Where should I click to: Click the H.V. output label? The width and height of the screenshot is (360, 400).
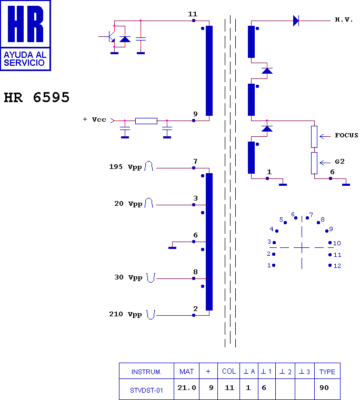pyautogui.click(x=344, y=19)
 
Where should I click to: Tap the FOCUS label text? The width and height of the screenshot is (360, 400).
pyautogui.click(x=346, y=135)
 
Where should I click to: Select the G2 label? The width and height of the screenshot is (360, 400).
pyautogui.click(x=339, y=162)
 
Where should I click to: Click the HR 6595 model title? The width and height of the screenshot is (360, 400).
pyautogui.click(x=36, y=97)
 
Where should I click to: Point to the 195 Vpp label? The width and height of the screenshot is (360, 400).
pyautogui.click(x=125, y=167)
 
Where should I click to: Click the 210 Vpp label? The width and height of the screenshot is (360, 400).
pyautogui.click(x=125, y=314)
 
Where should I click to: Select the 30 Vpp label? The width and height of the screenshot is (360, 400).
pyautogui.click(x=128, y=277)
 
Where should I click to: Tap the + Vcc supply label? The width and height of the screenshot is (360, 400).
pyautogui.click(x=94, y=119)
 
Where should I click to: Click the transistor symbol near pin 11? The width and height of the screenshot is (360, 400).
pyautogui.click(x=109, y=36)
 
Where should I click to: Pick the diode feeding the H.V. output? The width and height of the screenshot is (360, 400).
pyautogui.click(x=296, y=21)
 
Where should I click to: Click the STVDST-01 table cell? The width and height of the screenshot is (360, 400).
pyautogui.click(x=146, y=391)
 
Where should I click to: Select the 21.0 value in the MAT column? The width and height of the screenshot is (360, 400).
pyautogui.click(x=187, y=388)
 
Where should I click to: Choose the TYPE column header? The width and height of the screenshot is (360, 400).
pyautogui.click(x=327, y=372)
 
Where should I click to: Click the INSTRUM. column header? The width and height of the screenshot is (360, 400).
pyautogui.click(x=146, y=372)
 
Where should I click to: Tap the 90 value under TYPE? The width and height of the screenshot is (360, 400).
pyautogui.click(x=324, y=388)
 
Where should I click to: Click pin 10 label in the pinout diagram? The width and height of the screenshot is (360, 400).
pyautogui.click(x=337, y=243)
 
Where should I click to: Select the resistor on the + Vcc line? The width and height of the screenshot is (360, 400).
pyautogui.click(x=146, y=121)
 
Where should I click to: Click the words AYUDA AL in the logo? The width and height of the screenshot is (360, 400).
pyautogui.click(x=25, y=55)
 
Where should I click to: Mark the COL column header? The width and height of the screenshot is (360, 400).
pyautogui.click(x=229, y=371)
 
